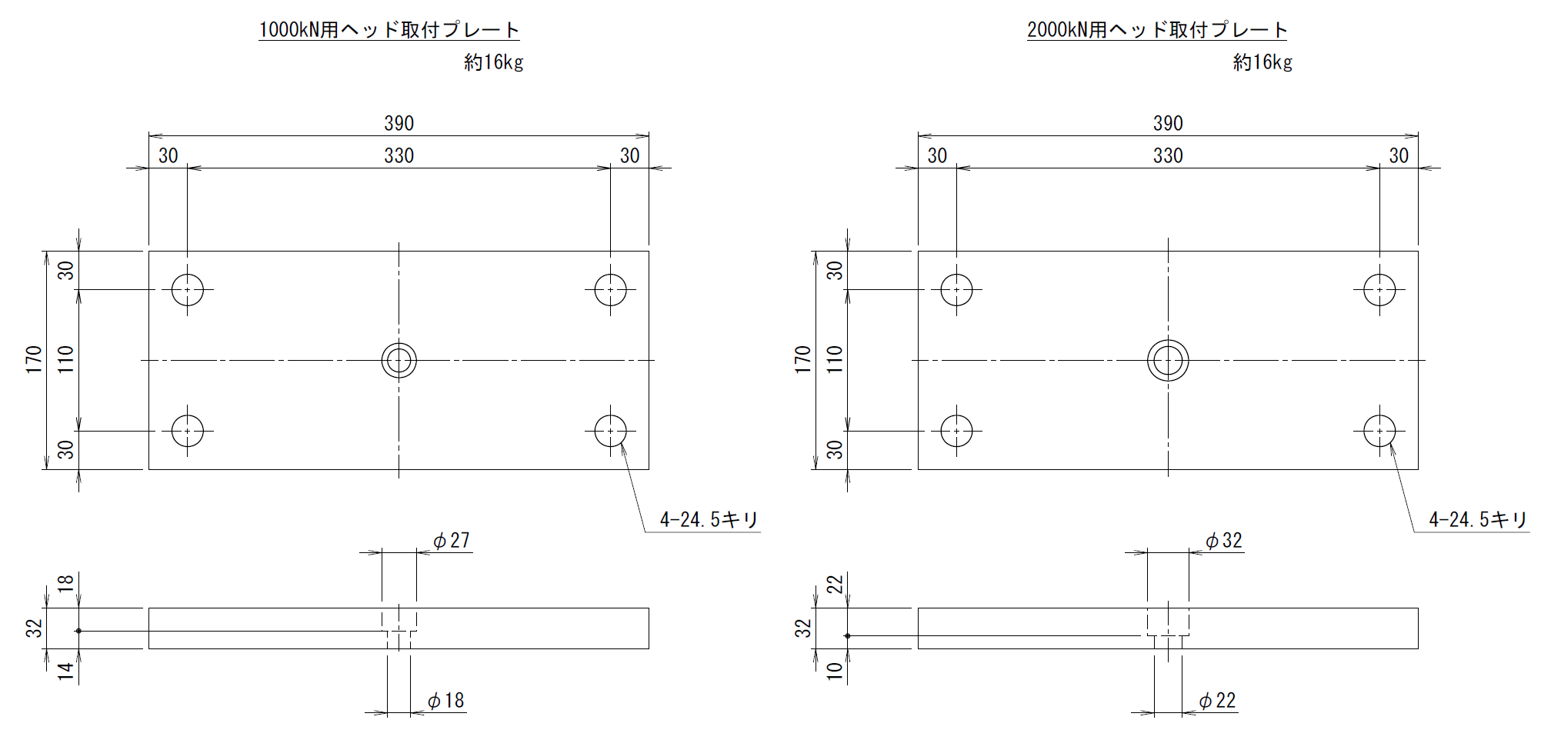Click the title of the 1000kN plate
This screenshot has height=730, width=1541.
click(389, 30)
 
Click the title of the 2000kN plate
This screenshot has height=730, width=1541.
click(1157, 30)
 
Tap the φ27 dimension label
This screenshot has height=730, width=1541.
click(452, 541)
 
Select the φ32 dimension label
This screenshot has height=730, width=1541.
click(1224, 541)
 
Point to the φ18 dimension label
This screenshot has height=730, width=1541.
click(446, 701)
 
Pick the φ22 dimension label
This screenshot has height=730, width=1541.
click(1218, 701)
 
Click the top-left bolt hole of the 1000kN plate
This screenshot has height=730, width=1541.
click(188, 290)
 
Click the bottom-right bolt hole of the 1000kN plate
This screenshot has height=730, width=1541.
click(611, 431)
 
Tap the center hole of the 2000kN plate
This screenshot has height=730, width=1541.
click(1168, 360)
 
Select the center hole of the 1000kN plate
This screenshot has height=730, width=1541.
click(399, 360)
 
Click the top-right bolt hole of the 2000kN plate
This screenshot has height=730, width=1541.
click(1379, 290)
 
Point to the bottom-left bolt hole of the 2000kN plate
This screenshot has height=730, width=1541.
click(956, 431)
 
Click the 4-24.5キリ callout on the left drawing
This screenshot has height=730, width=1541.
click(709, 520)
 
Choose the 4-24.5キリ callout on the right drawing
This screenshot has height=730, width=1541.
click(1478, 520)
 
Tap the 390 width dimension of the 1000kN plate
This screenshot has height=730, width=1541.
click(399, 123)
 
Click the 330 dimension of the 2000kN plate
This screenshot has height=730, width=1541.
click(1168, 156)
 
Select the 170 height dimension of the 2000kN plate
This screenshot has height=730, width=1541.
click(803, 360)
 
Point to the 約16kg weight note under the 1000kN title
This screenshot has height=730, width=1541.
click(494, 62)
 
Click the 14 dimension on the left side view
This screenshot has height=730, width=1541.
click(66, 671)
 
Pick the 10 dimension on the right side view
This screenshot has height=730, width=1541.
click(835, 671)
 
